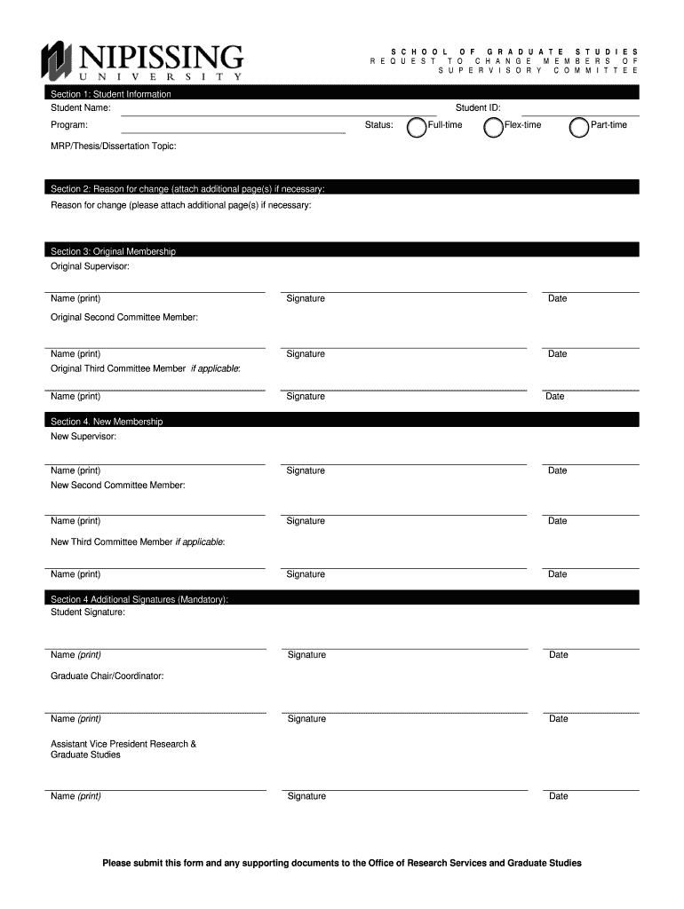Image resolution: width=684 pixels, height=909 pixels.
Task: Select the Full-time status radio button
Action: pyautogui.click(x=416, y=128)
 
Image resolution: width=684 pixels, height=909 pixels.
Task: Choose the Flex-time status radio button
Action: pyautogui.click(x=493, y=128)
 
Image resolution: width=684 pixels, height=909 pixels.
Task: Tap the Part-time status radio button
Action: pyautogui.click(x=579, y=128)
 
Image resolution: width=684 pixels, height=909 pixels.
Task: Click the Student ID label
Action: pyautogui.click(x=478, y=107)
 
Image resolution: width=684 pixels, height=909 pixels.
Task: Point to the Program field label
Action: pyautogui.click(x=69, y=125)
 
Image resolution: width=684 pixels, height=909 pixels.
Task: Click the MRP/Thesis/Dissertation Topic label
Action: pyautogui.click(x=113, y=146)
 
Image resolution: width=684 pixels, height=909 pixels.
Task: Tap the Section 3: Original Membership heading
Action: pyautogui.click(x=113, y=251)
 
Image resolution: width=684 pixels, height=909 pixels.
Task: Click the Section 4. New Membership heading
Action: pyautogui.click(x=107, y=421)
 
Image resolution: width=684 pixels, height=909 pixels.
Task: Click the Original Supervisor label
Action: pyautogui.click(x=90, y=266)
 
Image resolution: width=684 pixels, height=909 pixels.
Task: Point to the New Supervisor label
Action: pyautogui.click(x=84, y=436)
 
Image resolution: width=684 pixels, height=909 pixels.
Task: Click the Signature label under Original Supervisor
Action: pyautogui.click(x=306, y=299)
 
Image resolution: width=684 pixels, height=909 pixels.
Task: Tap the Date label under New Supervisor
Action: pyautogui.click(x=557, y=470)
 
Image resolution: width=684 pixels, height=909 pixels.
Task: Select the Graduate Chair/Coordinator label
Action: pyautogui.click(x=107, y=676)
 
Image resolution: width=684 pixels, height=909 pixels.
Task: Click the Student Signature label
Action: pyautogui.click(x=88, y=613)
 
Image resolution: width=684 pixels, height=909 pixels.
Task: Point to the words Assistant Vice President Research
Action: pyautogui.click(x=123, y=744)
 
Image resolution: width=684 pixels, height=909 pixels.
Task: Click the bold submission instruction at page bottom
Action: pyautogui.click(x=342, y=863)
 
